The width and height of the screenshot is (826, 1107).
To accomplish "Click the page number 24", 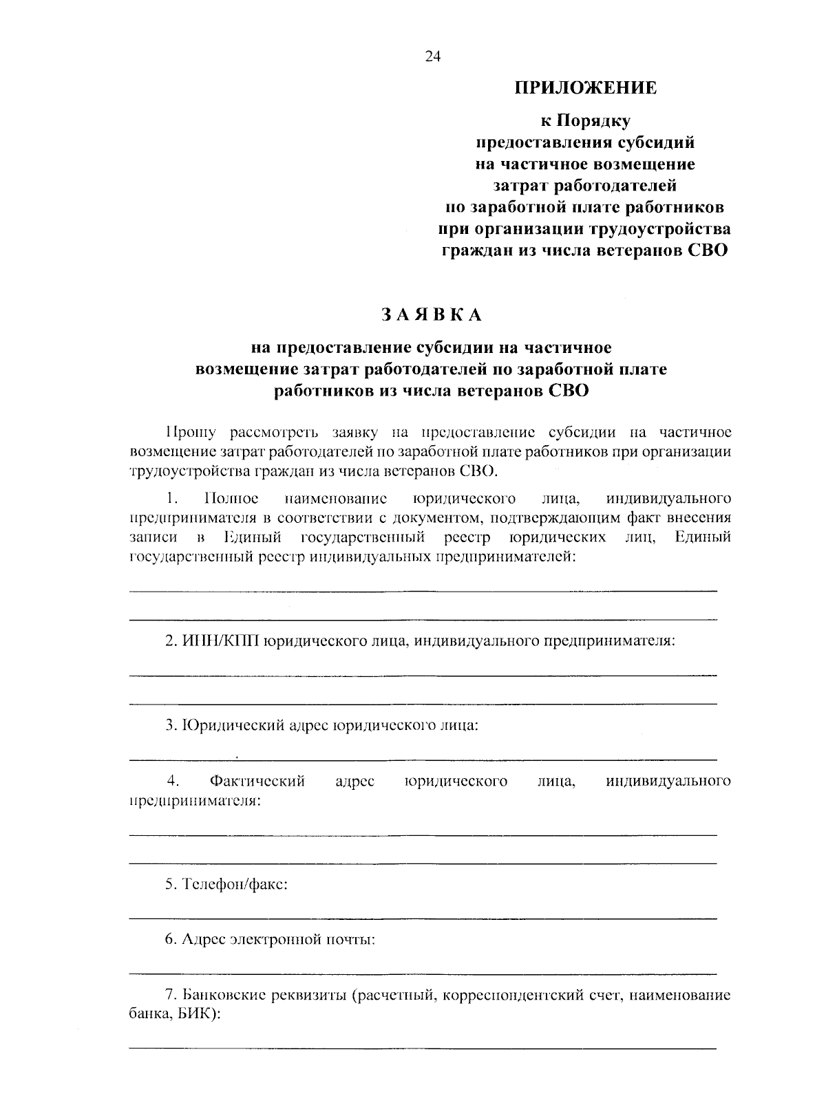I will click(x=432, y=57).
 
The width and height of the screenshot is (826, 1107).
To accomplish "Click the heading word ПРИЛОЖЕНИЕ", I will click(x=586, y=88).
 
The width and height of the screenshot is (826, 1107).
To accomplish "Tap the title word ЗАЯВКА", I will click(x=432, y=314).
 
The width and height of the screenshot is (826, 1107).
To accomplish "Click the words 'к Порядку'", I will click(x=585, y=122).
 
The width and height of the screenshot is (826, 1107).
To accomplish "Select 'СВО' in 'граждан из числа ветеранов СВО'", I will click(x=707, y=250).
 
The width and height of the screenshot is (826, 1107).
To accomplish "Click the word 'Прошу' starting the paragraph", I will click(x=191, y=432).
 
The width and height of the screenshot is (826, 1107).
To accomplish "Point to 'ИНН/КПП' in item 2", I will click(x=222, y=641).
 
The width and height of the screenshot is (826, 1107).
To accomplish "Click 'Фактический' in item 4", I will click(x=257, y=781).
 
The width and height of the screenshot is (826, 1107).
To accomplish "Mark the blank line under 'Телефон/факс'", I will click(x=423, y=918).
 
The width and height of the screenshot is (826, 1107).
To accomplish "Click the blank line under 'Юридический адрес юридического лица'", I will click(x=423, y=760).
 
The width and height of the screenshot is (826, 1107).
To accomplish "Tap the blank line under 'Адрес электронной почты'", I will click(x=423, y=974).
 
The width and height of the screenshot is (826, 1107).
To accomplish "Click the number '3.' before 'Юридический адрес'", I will click(x=171, y=724).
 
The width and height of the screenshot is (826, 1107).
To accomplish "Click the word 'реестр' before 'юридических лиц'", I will click(x=466, y=537).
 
